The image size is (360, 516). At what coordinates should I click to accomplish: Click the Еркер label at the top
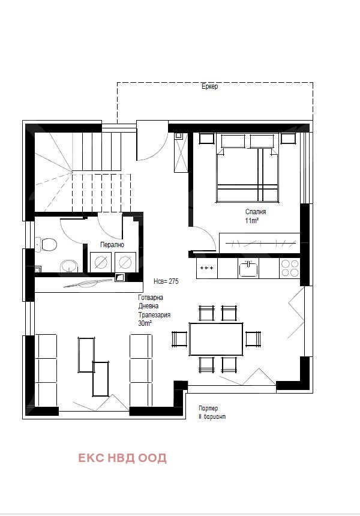[209, 86]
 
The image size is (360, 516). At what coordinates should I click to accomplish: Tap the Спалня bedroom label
[256, 212]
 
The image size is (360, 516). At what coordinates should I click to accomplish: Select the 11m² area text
[251, 220]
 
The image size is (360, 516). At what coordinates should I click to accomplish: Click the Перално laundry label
[112, 245]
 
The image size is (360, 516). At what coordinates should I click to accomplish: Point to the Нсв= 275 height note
[166, 281]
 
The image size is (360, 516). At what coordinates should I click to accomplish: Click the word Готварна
[151, 298]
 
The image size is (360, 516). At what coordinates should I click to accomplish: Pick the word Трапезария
[154, 315]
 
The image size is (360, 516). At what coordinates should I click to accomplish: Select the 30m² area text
[145, 323]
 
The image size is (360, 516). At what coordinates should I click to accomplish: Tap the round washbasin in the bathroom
[69, 266]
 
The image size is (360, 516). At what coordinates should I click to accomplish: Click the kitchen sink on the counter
[248, 269]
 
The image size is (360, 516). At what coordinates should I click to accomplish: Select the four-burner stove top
[290, 268]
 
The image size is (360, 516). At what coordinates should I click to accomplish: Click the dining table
[216, 339]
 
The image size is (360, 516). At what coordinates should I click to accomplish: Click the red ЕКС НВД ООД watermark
[122, 458]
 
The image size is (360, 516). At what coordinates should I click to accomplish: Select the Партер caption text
[208, 409]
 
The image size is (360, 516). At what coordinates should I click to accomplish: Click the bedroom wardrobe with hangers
[260, 243]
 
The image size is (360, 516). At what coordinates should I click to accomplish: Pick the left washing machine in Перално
[101, 262]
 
